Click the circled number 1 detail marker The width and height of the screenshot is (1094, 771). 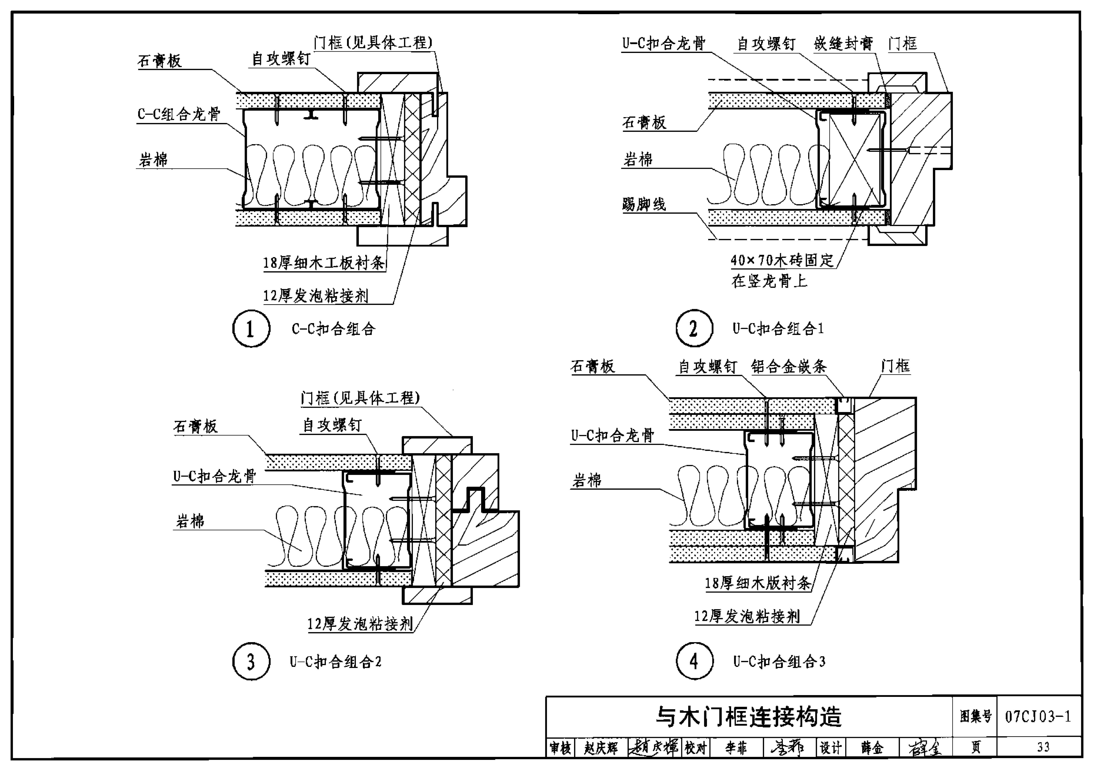point(251,329)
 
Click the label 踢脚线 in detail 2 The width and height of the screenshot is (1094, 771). point(644,204)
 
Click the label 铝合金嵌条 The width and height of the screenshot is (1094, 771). point(789,367)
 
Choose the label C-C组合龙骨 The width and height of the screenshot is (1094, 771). point(179,114)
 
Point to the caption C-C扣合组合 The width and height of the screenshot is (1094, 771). point(334,329)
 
